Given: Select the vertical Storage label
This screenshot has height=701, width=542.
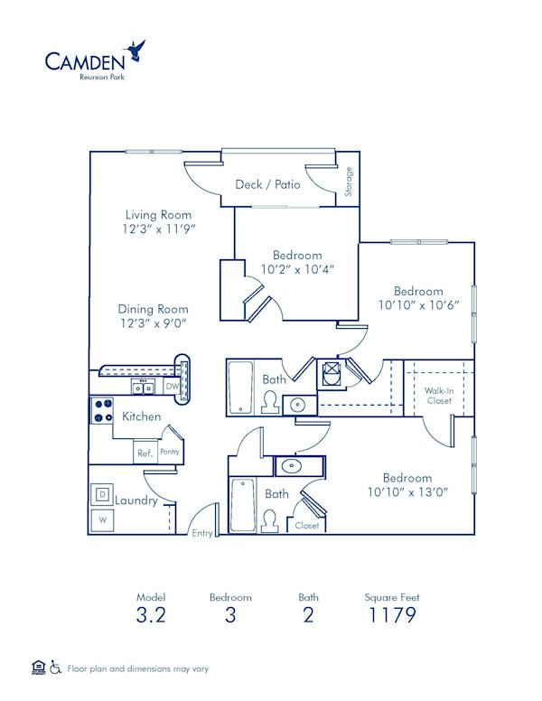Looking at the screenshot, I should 350,181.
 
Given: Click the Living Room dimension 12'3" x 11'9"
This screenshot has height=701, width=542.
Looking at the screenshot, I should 159,229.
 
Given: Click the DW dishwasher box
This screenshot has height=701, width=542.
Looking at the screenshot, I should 171,388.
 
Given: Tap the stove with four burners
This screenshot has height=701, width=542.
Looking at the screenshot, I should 100,411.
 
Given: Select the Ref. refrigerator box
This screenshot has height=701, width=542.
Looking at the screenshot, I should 144,453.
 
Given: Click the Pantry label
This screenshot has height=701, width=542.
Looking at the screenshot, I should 169,452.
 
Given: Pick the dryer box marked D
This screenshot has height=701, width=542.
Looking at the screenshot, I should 102,494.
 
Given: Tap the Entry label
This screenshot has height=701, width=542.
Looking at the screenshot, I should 201,533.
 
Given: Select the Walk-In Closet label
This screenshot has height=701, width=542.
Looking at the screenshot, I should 438,396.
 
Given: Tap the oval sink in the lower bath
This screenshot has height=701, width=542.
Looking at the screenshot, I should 292,466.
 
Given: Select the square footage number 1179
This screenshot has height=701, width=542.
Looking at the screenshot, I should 391,616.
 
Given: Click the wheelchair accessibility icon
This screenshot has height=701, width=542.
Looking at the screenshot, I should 56,668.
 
